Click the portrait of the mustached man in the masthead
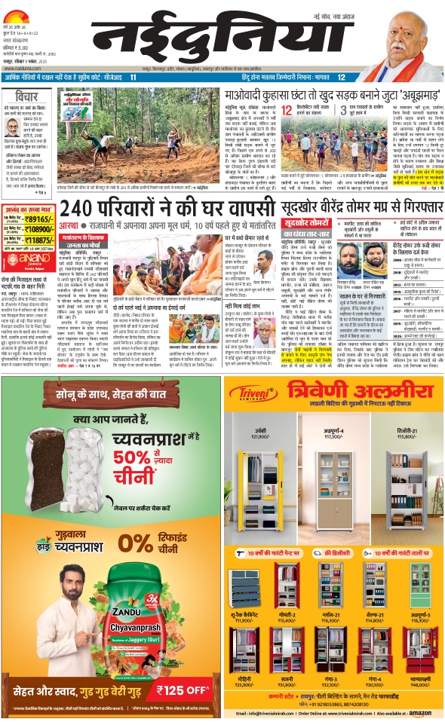pyautogui.click(x=404, y=50)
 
